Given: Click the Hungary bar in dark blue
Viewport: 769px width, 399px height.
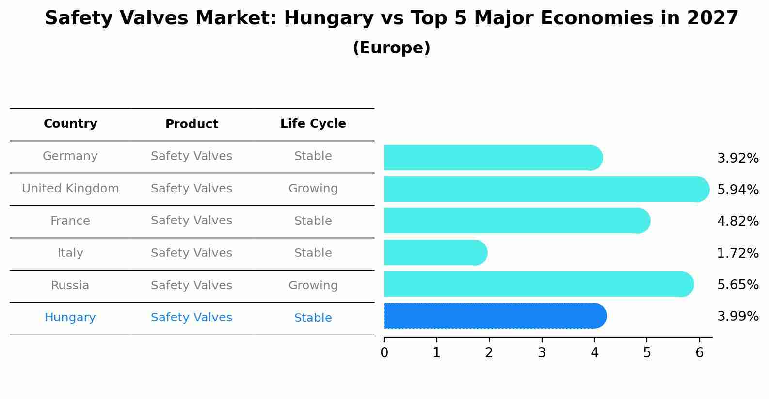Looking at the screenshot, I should pyautogui.click(x=495, y=316).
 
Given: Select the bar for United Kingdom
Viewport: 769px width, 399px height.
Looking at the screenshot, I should pyautogui.click(x=546, y=189).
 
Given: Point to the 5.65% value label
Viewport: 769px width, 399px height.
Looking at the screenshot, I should pyautogui.click(x=737, y=285).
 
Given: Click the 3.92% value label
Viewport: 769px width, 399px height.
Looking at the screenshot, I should pyautogui.click(x=737, y=159).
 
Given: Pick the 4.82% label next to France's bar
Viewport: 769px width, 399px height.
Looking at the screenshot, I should pyautogui.click(x=737, y=222).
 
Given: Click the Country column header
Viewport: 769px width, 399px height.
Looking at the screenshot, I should pyautogui.click(x=70, y=124).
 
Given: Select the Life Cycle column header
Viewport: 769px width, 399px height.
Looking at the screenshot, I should pyautogui.click(x=313, y=124).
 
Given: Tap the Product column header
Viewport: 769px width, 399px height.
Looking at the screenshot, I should pyautogui.click(x=192, y=124).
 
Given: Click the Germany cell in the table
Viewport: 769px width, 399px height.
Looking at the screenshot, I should pyautogui.click(x=70, y=156).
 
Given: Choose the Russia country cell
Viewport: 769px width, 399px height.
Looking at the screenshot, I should pyautogui.click(x=70, y=286).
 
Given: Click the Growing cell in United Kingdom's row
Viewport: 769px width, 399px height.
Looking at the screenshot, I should pyautogui.click(x=313, y=189).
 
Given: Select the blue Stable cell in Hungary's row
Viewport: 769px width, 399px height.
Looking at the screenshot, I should pyautogui.click(x=313, y=318).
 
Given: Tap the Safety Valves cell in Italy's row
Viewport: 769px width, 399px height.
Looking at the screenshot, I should pyautogui.click(x=192, y=253).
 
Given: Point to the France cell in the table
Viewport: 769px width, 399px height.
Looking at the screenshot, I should pyautogui.click(x=70, y=221).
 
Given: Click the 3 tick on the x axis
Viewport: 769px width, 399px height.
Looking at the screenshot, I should pyautogui.click(x=542, y=353).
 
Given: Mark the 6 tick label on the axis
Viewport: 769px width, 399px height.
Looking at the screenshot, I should pyautogui.click(x=699, y=353).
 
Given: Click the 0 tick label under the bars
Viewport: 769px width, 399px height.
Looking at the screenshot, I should pyautogui.click(x=384, y=353).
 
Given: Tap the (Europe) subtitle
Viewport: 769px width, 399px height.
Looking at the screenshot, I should pyautogui.click(x=391, y=48).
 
